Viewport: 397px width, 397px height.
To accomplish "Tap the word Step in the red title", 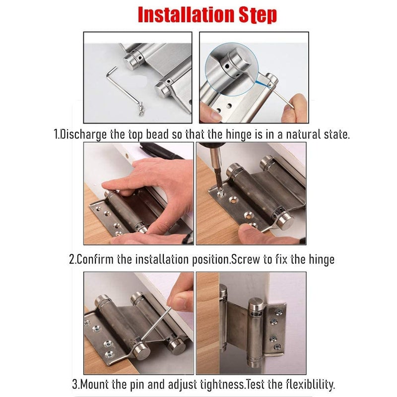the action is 258,15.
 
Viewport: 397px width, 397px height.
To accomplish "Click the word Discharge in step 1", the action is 83,134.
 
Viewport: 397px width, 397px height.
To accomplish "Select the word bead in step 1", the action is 157,134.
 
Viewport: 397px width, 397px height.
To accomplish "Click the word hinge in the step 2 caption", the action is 322,260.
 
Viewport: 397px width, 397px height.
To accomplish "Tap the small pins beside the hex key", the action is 141,109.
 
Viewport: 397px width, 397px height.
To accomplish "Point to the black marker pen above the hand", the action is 162,151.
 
